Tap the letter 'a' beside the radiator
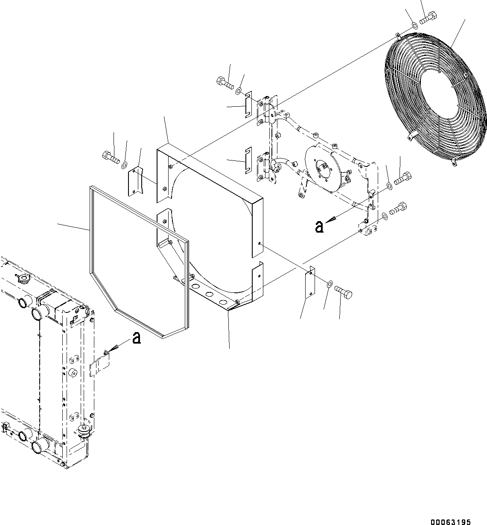coord(136,338)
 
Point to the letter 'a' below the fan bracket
coord(319,227)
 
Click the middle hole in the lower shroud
coord(209,295)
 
